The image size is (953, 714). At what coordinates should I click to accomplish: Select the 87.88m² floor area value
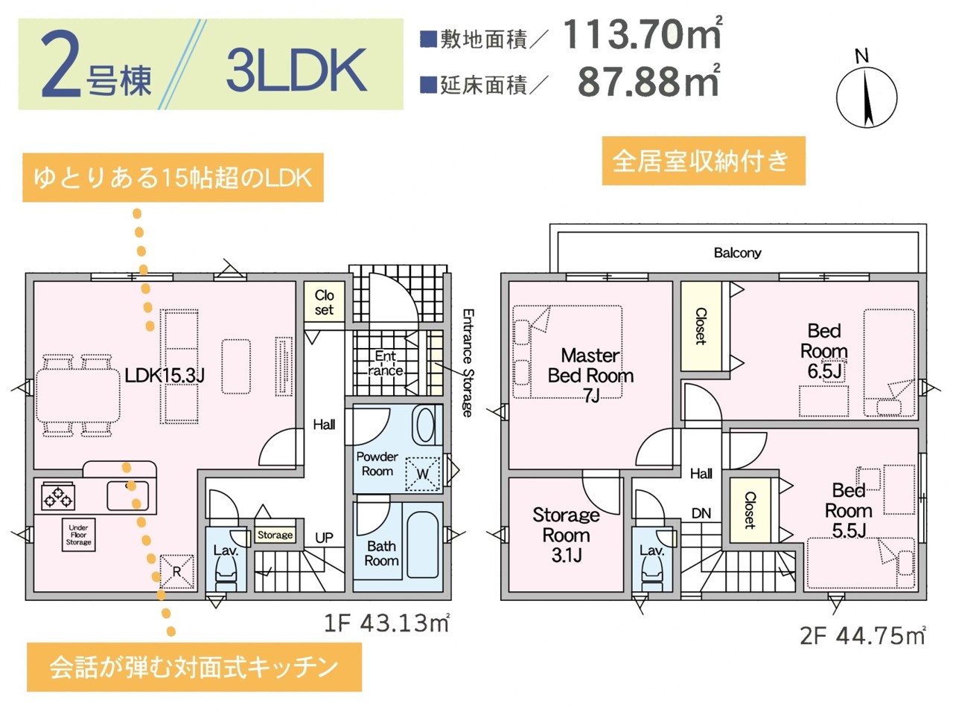[x=648, y=82]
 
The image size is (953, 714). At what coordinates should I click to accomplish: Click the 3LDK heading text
[x=296, y=71]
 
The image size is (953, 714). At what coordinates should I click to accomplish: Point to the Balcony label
[x=737, y=253]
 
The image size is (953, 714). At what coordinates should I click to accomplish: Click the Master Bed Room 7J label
[x=590, y=376]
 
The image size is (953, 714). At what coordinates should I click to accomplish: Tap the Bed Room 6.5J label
[x=823, y=351]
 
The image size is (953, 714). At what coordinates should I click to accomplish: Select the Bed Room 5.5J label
[x=848, y=510]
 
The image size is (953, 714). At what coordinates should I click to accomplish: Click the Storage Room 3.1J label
[x=566, y=535]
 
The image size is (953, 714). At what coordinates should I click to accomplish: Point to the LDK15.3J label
[x=164, y=376]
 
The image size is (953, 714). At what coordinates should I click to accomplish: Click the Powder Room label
[x=377, y=464]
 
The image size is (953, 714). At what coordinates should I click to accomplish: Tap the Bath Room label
[x=381, y=553]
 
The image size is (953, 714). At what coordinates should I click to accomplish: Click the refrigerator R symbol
[x=176, y=571]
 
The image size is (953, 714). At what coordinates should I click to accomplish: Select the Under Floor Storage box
[x=78, y=535]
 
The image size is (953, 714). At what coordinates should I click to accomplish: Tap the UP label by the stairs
[x=324, y=537]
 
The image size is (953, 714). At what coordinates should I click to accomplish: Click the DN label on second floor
[x=701, y=513]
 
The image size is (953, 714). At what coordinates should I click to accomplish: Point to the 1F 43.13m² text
[x=386, y=623]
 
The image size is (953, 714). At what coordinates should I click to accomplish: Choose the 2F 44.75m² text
[x=862, y=636]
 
